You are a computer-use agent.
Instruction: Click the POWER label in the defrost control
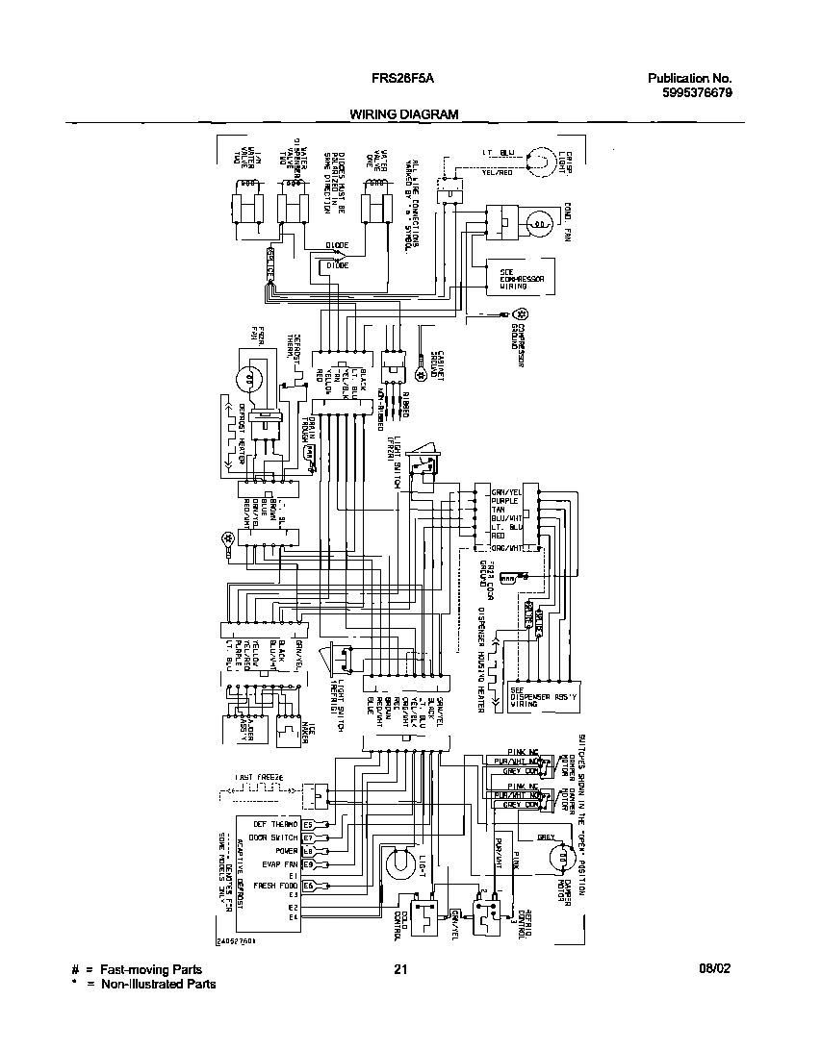tap(285, 851)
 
